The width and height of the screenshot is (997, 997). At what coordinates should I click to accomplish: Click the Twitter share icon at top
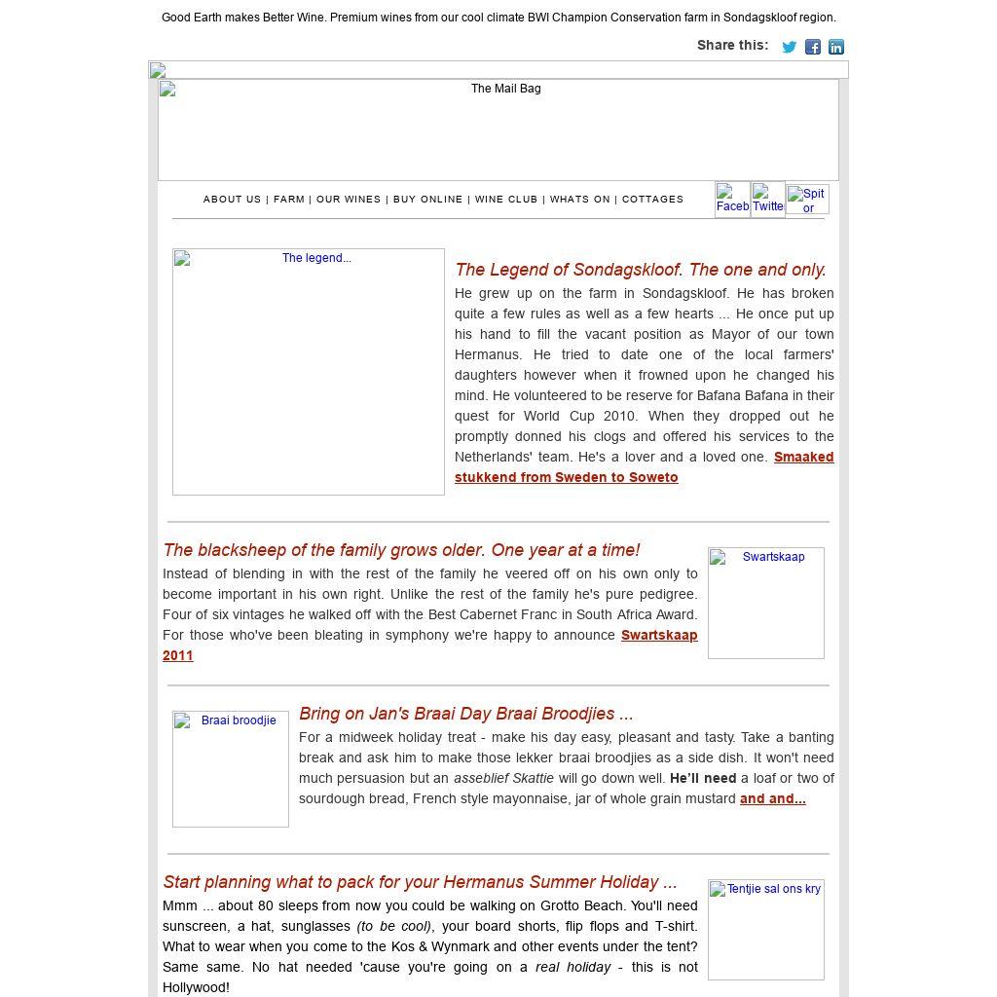click(x=790, y=47)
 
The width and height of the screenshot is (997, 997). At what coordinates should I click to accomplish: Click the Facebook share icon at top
click(x=813, y=47)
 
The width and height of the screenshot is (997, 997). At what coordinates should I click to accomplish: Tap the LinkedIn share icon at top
click(x=836, y=47)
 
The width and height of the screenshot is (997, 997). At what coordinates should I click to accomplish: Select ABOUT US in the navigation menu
click(x=232, y=200)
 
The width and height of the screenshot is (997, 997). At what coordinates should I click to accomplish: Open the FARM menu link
click(x=289, y=200)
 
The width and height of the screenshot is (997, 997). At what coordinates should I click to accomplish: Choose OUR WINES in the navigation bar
click(x=349, y=200)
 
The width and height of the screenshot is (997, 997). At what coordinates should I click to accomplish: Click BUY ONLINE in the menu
click(x=428, y=200)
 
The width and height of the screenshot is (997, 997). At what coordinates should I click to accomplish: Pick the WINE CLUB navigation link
click(x=506, y=200)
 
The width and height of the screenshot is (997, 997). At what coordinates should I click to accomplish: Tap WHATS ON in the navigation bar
click(x=580, y=200)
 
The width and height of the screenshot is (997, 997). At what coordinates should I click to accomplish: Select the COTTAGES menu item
click(x=652, y=200)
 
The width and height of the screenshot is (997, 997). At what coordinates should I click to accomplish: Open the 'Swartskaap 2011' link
click(x=659, y=635)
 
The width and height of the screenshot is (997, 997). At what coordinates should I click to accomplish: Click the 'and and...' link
click(x=772, y=798)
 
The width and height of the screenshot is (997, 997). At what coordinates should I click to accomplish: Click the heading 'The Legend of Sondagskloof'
click(x=640, y=270)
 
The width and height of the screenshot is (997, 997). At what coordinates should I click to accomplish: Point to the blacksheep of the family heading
click(x=401, y=550)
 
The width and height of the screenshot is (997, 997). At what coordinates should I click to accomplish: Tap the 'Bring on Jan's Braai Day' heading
click(x=465, y=714)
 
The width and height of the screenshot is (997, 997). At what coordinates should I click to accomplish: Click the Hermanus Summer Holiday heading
click(x=420, y=882)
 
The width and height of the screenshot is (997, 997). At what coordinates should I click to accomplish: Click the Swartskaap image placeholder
click(x=766, y=603)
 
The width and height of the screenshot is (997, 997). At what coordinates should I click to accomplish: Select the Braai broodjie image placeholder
click(x=231, y=768)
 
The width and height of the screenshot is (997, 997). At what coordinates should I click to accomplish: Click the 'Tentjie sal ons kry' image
click(x=766, y=930)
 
